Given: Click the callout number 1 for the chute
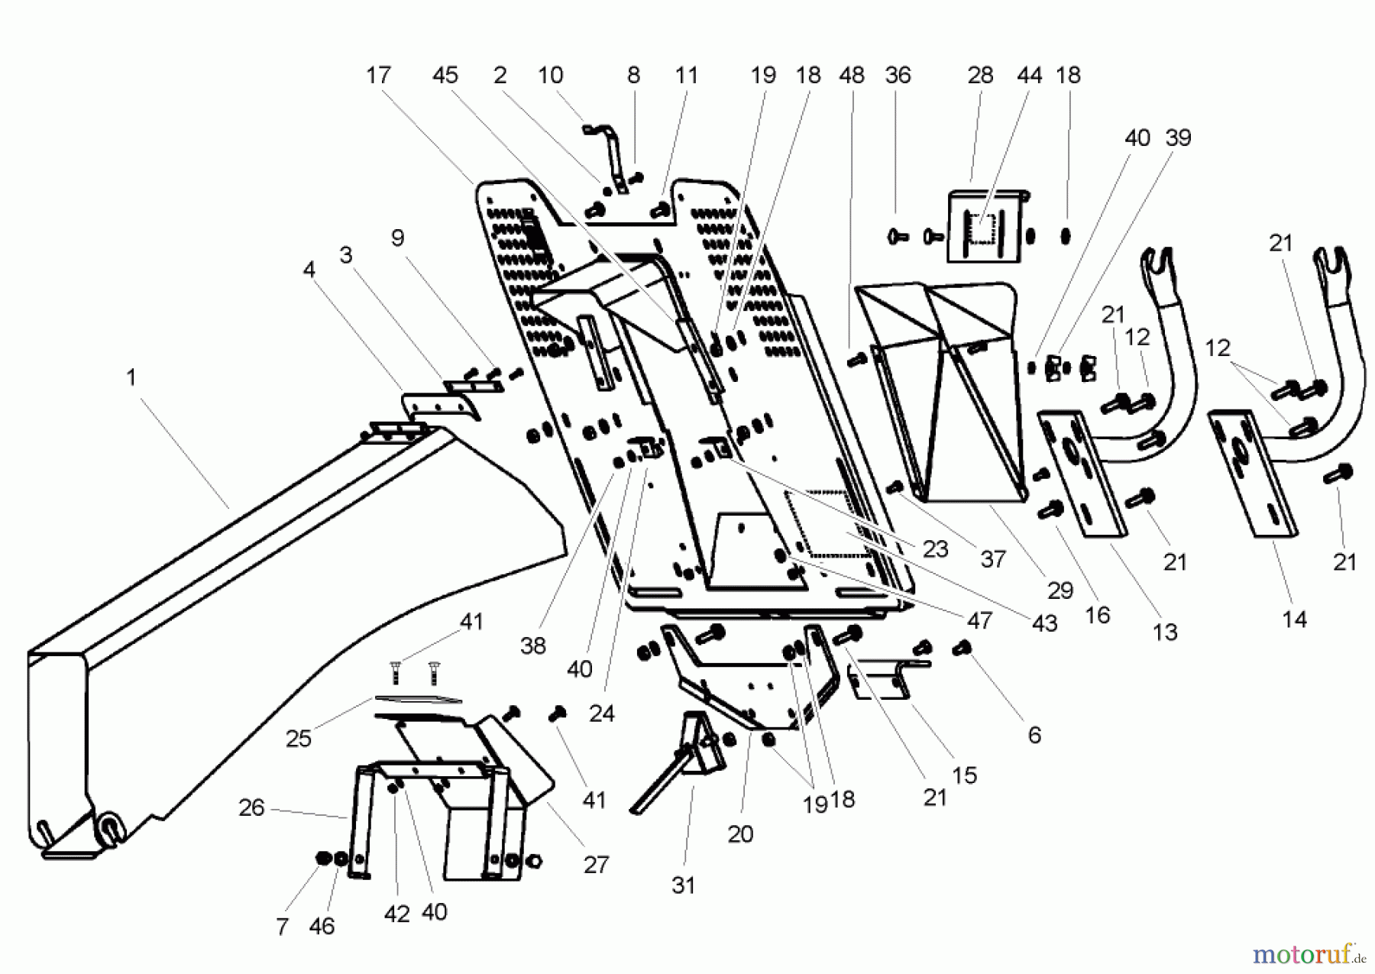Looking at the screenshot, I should point(131,377).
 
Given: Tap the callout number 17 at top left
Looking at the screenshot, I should point(377,75).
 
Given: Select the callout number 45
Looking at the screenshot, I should point(445,75).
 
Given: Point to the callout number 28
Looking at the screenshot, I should point(980,75).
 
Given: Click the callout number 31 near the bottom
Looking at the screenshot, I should point(683,885).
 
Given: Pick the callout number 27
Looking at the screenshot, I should point(596,865).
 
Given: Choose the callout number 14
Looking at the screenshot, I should point(1294,620).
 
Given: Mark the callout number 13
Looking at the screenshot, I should point(1165,632).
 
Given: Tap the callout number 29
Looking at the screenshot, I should point(1060,591).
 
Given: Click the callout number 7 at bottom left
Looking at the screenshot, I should point(282,927).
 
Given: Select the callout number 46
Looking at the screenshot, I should point(322,927).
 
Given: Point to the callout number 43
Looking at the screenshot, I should point(1044,623).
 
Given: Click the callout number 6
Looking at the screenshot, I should point(1034,735).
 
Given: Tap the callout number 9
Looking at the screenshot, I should point(397,238).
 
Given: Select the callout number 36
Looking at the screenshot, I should point(898,75).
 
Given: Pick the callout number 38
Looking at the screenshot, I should point(532,646).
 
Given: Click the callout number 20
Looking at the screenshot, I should point(739,834).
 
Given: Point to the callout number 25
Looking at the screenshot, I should point(298,739).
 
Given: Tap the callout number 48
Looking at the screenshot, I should point(851,75).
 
